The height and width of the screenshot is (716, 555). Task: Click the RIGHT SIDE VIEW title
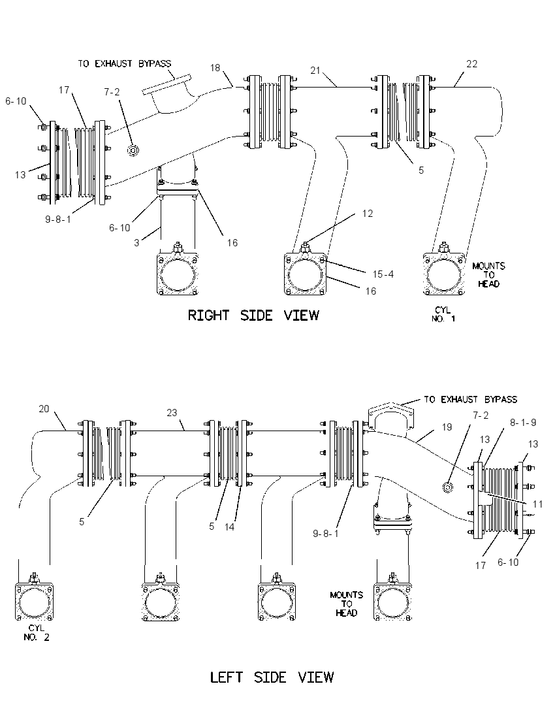[x=253, y=315]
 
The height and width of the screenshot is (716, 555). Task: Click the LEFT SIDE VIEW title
[x=272, y=677]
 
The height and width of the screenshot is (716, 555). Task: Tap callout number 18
[x=215, y=68]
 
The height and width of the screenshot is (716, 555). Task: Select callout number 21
[x=315, y=71]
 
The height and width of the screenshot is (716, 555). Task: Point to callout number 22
[x=472, y=64]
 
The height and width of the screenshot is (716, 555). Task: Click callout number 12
[x=368, y=214]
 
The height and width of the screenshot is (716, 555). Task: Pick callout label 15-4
[x=383, y=274]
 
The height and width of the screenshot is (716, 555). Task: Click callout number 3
[x=136, y=243]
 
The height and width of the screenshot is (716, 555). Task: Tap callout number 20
[x=44, y=409]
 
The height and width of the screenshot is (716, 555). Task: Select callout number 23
[x=172, y=413]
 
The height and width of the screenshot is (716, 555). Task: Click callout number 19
[x=447, y=427]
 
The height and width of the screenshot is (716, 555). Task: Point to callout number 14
[x=230, y=527]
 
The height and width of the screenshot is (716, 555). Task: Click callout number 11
[x=537, y=504]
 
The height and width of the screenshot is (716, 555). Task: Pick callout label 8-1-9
[x=523, y=423]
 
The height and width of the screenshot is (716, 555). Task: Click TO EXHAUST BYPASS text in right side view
[x=124, y=63]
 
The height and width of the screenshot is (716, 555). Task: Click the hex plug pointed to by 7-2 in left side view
[x=448, y=487]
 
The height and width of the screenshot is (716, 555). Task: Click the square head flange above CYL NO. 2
[x=34, y=602]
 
